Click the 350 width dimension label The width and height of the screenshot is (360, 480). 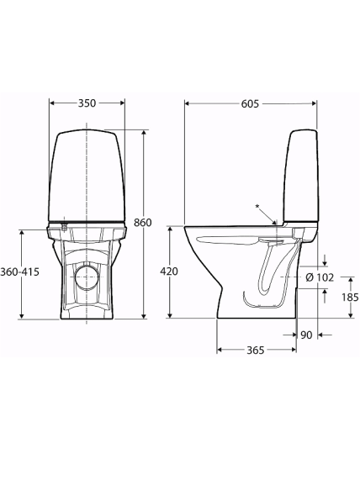[x=87, y=103]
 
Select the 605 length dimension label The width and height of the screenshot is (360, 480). [x=250, y=103]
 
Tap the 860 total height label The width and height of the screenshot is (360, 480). [x=143, y=223]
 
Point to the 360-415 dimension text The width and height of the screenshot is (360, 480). [x=20, y=272]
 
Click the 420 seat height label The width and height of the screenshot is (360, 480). [x=169, y=272]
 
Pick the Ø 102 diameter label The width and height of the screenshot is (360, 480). [x=320, y=277]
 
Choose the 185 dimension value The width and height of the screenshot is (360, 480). [x=350, y=297]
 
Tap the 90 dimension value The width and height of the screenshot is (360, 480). [x=306, y=335]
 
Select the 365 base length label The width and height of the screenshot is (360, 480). [x=255, y=350]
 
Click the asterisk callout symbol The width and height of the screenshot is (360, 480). [x=257, y=207]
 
